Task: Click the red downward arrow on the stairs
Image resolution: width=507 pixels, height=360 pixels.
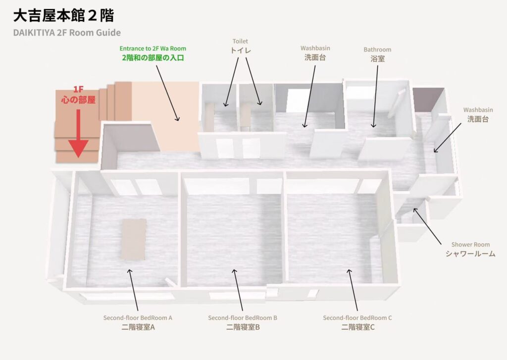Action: tap(78, 133)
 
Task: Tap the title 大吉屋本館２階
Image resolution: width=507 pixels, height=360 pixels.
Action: tap(64, 15)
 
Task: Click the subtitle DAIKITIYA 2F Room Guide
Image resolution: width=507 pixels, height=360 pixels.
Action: tap(67, 33)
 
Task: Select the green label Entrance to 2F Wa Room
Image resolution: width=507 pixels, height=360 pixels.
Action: tap(152, 49)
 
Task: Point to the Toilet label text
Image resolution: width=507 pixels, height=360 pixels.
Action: tap(240, 46)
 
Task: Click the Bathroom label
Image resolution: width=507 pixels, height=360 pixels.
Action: tap(377, 54)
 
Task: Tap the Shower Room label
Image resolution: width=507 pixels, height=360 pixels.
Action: tap(470, 250)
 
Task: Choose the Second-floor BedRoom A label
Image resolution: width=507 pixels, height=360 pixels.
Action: tap(138, 322)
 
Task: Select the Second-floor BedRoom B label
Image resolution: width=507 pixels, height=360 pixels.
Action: tap(243, 322)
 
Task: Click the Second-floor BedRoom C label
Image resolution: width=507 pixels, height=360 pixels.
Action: tap(357, 322)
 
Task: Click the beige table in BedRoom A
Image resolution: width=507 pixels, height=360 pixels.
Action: tap(134, 239)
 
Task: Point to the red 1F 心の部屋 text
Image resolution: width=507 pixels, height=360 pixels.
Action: tap(78, 95)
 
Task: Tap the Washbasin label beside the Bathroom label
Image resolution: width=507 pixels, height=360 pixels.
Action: tap(315, 53)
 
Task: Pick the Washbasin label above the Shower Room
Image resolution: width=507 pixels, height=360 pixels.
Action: tap(478, 115)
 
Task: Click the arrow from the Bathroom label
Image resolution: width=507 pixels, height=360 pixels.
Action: tap(375, 97)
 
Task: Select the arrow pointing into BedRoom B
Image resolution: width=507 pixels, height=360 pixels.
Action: tap(238, 290)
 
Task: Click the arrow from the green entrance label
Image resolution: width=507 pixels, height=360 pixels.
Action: tap(167, 93)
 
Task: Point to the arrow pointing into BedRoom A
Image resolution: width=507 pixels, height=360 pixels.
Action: tap(134, 290)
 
